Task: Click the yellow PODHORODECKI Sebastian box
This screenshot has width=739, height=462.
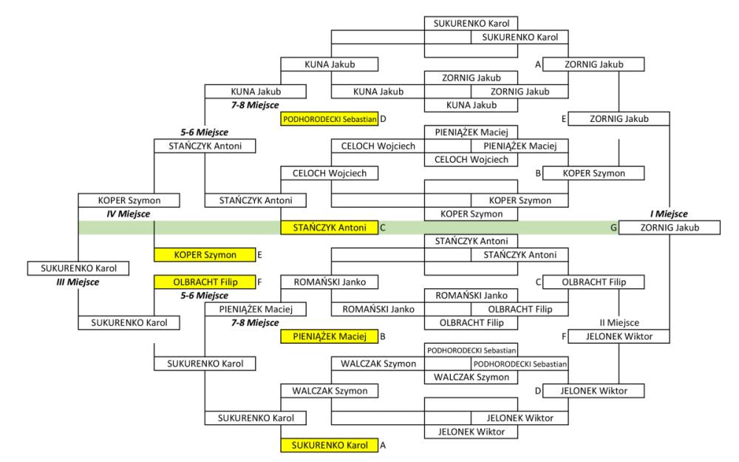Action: coord(330,118)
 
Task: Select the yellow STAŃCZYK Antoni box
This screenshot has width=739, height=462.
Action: coord(330,228)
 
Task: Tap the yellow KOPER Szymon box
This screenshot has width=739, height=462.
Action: coord(204,255)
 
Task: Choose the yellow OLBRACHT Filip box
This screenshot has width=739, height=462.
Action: coord(204,282)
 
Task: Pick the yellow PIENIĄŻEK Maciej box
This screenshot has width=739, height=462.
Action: coord(330,337)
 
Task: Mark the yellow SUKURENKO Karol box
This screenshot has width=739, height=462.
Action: coord(330,446)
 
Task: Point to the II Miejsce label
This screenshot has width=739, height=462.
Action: coord(619,323)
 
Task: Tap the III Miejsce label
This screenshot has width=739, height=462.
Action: coord(78,282)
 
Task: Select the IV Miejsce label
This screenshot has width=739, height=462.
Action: coord(129,214)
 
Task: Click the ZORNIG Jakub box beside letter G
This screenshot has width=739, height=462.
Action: coord(669,228)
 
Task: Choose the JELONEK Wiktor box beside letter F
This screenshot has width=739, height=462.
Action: coord(619,337)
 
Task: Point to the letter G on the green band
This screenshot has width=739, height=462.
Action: coord(613,228)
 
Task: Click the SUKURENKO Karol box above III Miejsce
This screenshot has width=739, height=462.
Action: coord(78,268)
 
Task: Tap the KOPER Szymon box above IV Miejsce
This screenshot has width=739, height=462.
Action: coord(129,200)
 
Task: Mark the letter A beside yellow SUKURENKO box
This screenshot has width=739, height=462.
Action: coord(383,446)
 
